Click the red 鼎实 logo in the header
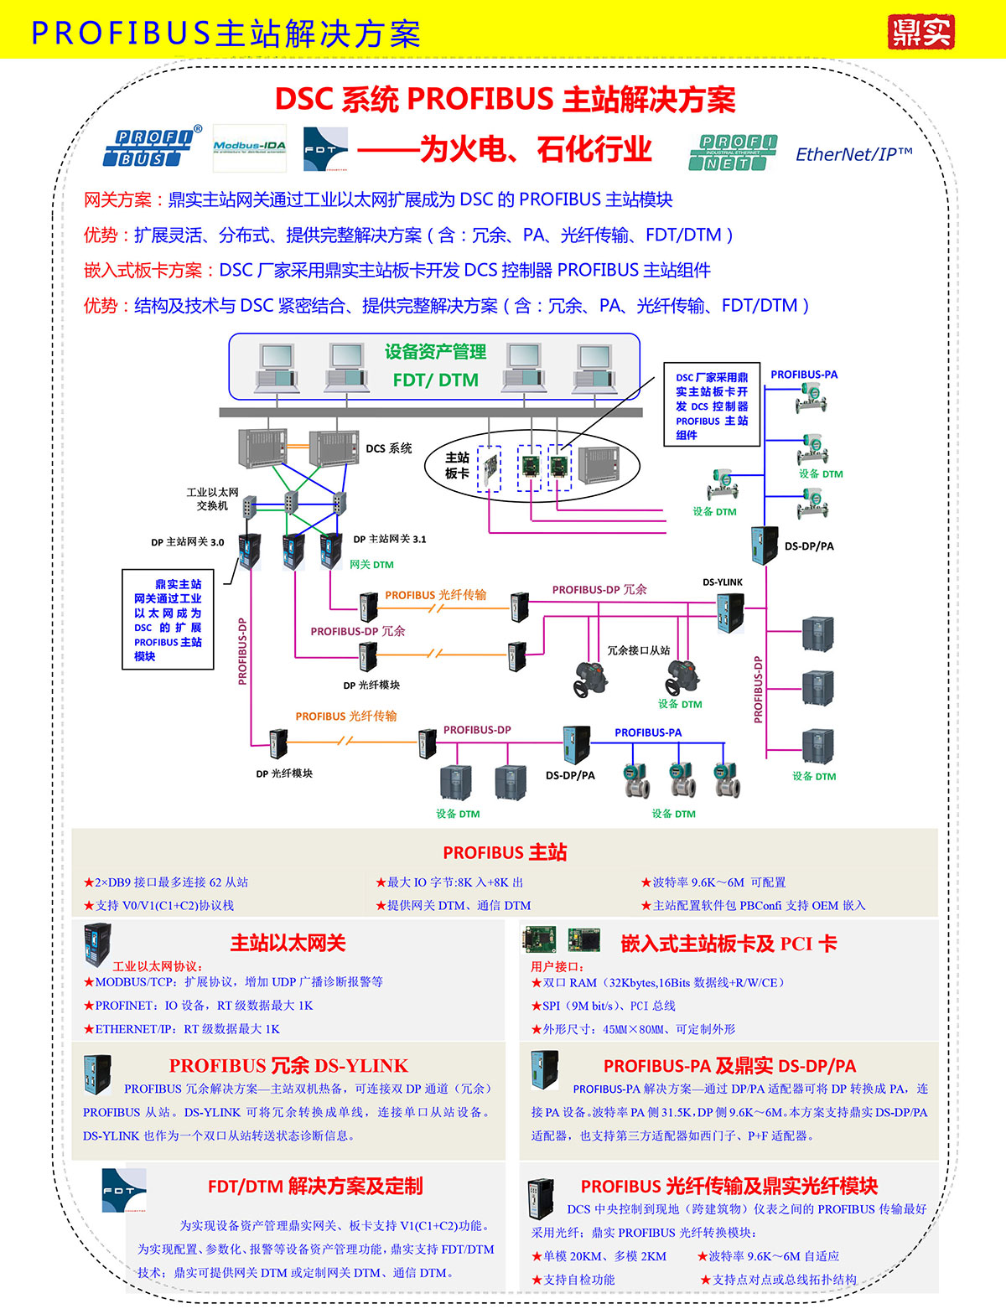pyautogui.click(x=920, y=32)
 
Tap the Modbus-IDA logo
pyautogui.click(x=249, y=147)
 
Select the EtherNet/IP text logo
pyautogui.click(x=853, y=154)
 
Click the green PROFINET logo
pyautogui.click(x=733, y=152)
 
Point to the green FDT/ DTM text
pyautogui.click(x=435, y=380)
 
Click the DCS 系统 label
pyautogui.click(x=389, y=448)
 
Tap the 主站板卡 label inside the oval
pyautogui.click(x=457, y=465)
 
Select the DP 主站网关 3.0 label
pyautogui.click(x=187, y=542)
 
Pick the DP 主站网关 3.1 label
pyautogui.click(x=390, y=539)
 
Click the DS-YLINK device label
pyautogui.click(x=722, y=582)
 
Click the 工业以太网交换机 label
pyautogui.click(x=212, y=499)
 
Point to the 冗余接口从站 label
pyautogui.click(x=639, y=650)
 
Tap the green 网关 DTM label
pyautogui.click(x=371, y=565)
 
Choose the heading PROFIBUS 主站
pyautogui.click(x=505, y=852)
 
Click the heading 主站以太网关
pyautogui.click(x=288, y=943)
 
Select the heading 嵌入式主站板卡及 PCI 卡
pyautogui.click(x=728, y=944)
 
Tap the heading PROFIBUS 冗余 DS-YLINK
pyautogui.click(x=288, y=1065)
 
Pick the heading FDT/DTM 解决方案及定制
pyautogui.click(x=315, y=1186)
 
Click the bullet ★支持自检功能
pyautogui.click(x=573, y=1280)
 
